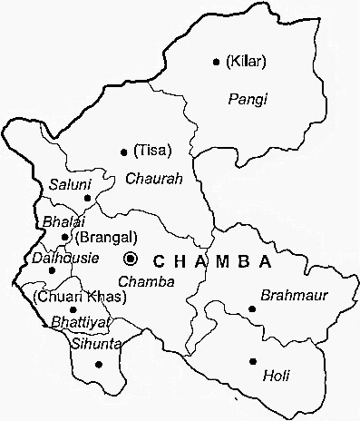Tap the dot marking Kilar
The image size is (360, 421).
pyautogui.click(x=216, y=63)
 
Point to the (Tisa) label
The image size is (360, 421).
pyautogui.click(x=151, y=150)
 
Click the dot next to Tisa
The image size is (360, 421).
pyautogui.click(x=123, y=152)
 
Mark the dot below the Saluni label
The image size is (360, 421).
pyautogui.click(x=87, y=197)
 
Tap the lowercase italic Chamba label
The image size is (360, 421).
pyautogui.click(x=146, y=281)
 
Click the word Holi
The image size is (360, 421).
pyautogui.click(x=275, y=374)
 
